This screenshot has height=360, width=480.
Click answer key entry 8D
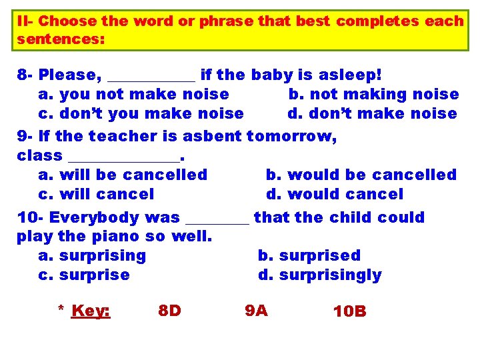(169, 311)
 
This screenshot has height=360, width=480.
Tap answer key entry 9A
(256, 311)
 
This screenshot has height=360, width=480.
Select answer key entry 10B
(349, 311)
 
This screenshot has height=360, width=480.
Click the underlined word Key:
(91, 311)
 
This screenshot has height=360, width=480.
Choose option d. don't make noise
(372, 114)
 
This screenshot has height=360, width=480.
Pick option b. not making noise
(373, 95)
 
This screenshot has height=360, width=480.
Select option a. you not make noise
(133, 95)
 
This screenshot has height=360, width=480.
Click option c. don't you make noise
(141, 114)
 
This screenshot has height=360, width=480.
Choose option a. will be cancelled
(123, 175)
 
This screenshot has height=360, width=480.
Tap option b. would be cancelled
(361, 175)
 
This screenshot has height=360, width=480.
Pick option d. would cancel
(335, 195)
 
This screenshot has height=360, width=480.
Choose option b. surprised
(309, 256)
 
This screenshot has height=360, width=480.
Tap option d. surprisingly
(319, 275)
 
